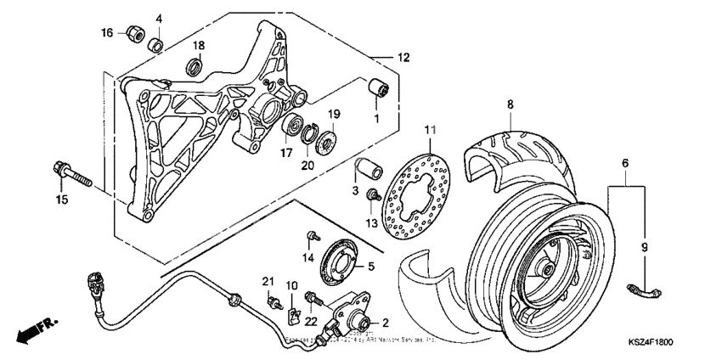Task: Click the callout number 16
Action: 107,33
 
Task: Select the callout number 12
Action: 403,58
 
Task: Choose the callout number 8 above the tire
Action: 509,105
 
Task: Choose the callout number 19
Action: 334,113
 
